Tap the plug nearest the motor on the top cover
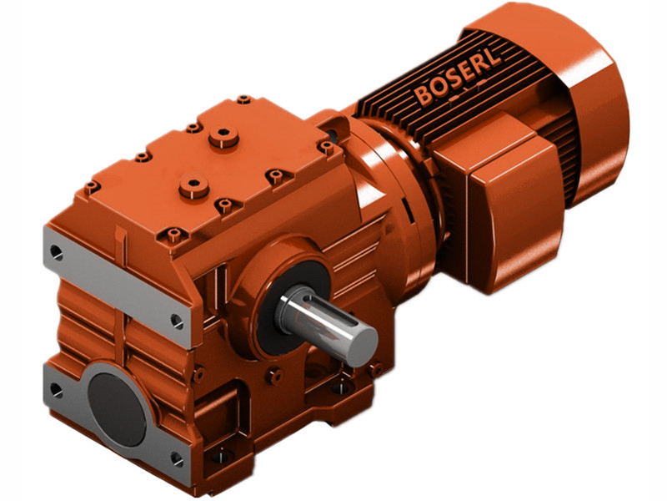pos(223,136)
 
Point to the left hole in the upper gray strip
pos(56,250)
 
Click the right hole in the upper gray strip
pos(177,318)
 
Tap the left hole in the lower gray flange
pos(55,389)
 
